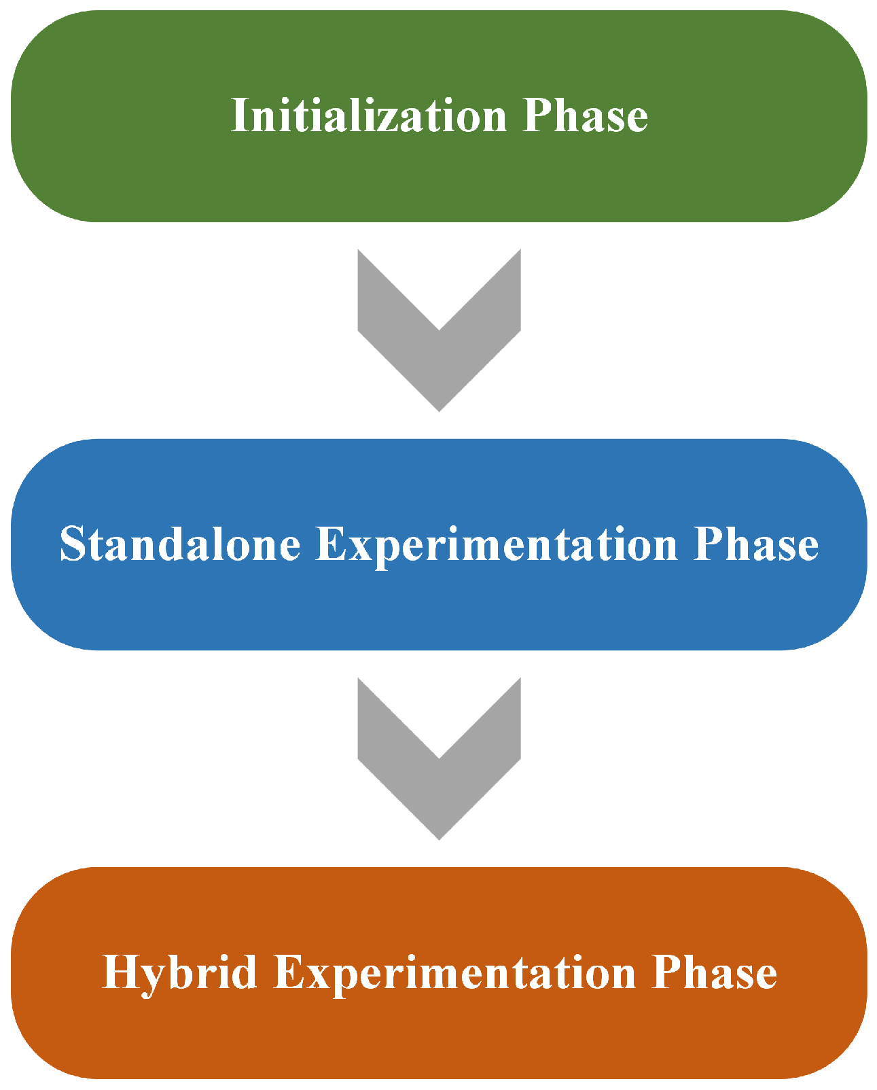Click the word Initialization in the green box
tap(369, 116)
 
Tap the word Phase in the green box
tap(585, 116)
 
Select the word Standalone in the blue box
tap(180, 544)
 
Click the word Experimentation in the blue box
tap(497, 544)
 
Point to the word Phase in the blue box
tap(755, 544)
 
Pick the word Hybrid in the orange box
tap(180, 972)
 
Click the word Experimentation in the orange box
tap(454, 972)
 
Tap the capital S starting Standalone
tap(71, 544)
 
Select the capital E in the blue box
tap(330, 544)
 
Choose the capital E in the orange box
tap(288, 972)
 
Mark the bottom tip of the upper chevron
tap(439, 408)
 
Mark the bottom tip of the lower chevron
tap(439, 837)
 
